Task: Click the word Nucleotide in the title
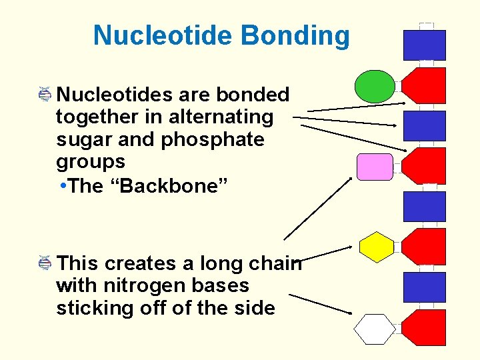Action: point(164,35)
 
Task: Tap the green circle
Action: point(374,86)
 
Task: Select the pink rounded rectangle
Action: point(375,167)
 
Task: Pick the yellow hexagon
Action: point(377,247)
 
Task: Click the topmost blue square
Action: point(425,45)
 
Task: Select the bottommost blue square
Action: point(425,287)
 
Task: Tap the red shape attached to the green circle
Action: point(425,85)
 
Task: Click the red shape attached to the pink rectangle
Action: point(425,166)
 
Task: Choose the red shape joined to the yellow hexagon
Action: point(425,247)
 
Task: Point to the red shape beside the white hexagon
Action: point(425,327)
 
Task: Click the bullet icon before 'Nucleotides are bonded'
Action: point(45,95)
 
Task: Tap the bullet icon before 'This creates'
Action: point(45,263)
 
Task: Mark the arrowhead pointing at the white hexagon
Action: point(349,311)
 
